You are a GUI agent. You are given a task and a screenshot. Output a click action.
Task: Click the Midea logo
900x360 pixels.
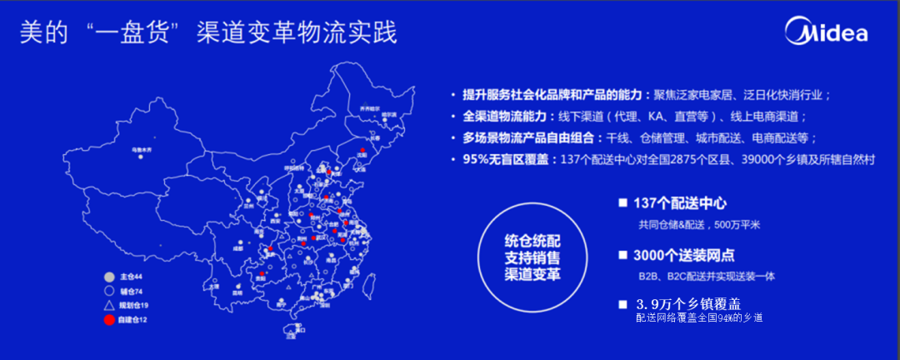(826, 32)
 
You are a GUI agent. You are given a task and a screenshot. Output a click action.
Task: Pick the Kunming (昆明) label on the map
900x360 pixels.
(237, 292)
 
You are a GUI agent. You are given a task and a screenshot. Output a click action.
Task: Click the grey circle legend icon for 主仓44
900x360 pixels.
(108, 277)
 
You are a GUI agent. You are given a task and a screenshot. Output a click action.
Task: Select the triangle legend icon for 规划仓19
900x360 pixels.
(108, 306)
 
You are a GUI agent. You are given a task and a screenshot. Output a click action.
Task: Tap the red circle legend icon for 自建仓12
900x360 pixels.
(108, 320)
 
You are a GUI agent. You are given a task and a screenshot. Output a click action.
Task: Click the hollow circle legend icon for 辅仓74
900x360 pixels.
(108, 292)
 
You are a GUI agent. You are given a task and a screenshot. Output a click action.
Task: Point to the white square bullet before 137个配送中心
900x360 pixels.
(622, 203)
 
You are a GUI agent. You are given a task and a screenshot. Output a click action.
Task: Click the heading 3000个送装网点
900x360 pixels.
(683, 255)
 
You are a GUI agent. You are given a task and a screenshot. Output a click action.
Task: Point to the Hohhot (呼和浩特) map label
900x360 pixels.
(294, 167)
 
